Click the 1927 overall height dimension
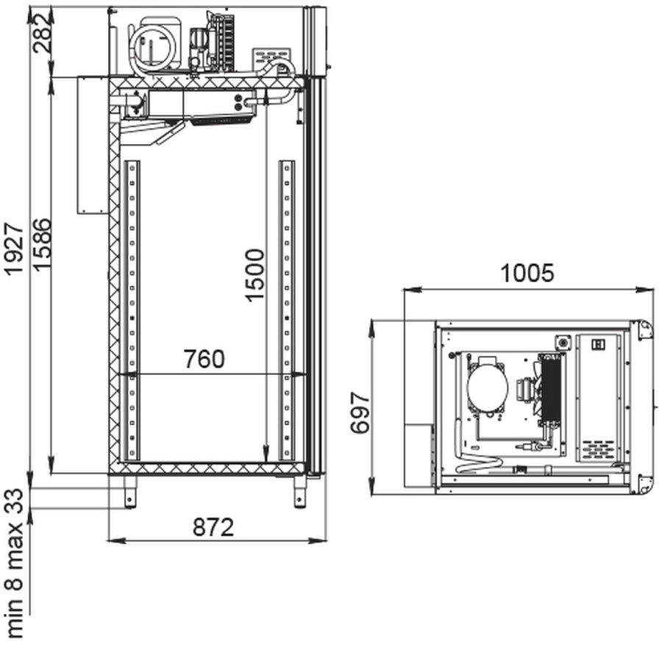(15, 250)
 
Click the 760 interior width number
(204, 360)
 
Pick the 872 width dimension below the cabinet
(213, 527)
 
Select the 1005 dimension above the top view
(527, 274)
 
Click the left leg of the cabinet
(130, 490)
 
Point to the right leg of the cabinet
(299, 490)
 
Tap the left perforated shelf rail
(132, 309)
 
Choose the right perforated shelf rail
(286, 309)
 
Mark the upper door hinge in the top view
(644, 328)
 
